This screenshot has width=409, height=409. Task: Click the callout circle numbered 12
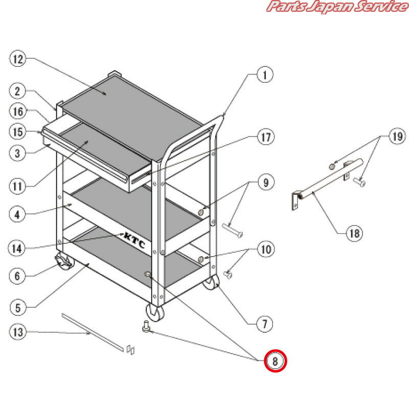tap(18, 59)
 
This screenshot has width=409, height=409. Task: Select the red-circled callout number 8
tap(276, 361)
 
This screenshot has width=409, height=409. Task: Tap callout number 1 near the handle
tap(265, 75)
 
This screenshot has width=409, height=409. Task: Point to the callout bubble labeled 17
tap(266, 137)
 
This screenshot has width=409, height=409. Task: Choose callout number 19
tap(397, 136)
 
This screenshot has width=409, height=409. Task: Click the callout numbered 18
tap(354, 233)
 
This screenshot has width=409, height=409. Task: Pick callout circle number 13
tap(18, 332)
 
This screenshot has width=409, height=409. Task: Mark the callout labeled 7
tap(264, 324)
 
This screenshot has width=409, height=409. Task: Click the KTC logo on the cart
tap(134, 240)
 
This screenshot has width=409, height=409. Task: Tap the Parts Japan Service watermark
tap(337, 6)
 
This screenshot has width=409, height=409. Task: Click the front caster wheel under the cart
tap(155, 312)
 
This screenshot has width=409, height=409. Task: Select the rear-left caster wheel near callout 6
tap(64, 261)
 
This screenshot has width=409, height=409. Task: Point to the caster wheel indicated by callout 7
tap(211, 282)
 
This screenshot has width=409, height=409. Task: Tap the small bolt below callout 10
tap(228, 275)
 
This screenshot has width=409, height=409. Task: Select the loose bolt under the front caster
tap(146, 326)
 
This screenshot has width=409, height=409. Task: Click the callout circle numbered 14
tap(17, 248)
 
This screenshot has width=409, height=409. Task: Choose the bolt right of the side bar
tap(359, 181)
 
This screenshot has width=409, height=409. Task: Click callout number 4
tap(17, 214)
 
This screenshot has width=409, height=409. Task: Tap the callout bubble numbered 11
tap(17, 186)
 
